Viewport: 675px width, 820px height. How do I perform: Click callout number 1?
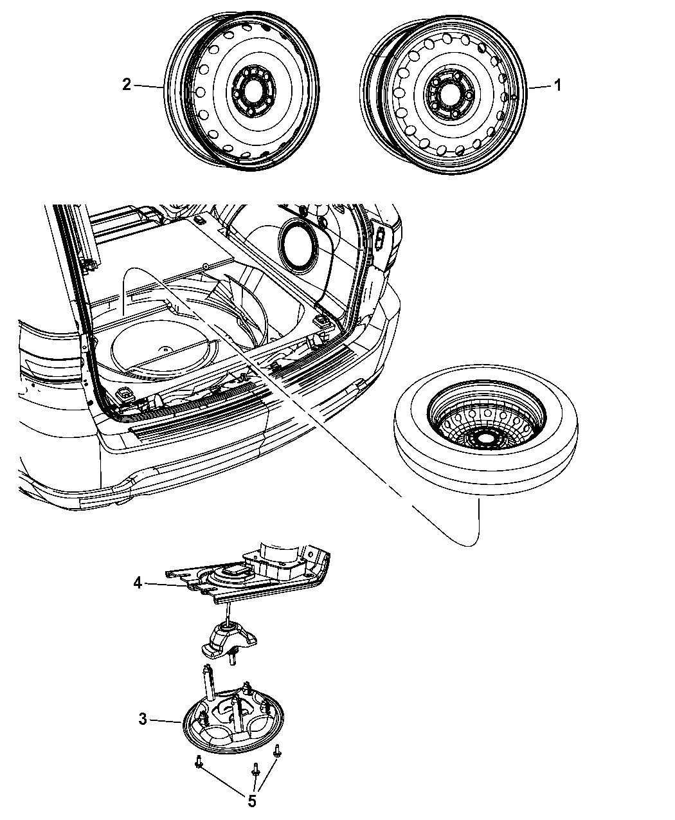pos(558,85)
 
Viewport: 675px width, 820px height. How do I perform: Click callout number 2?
pos(127,85)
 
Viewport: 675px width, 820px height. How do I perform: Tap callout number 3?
pos(143,719)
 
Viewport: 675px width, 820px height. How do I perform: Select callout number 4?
pos(137,583)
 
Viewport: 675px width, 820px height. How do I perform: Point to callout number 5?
pos(251,801)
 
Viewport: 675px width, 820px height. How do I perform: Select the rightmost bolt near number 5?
pos(278,749)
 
